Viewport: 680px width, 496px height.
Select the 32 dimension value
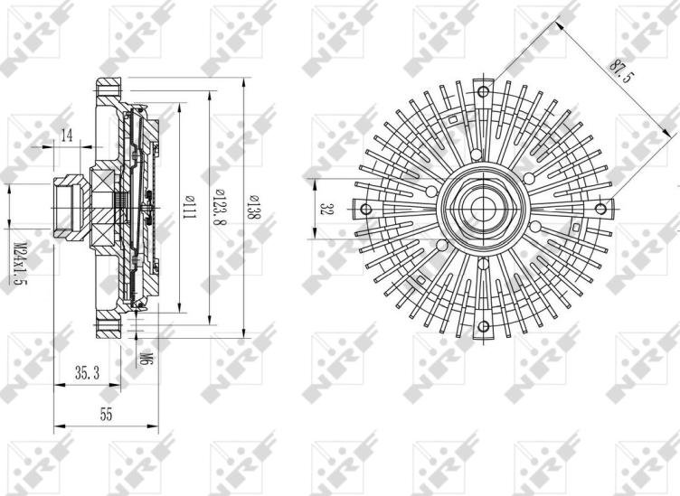(x=326, y=209)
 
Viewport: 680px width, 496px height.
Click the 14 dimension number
(x=67, y=135)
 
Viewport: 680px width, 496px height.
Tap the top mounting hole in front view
(x=483, y=92)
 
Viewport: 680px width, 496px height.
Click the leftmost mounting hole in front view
(x=366, y=210)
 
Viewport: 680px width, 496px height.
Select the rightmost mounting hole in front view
(x=600, y=209)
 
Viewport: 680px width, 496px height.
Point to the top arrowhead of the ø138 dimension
(x=246, y=81)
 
